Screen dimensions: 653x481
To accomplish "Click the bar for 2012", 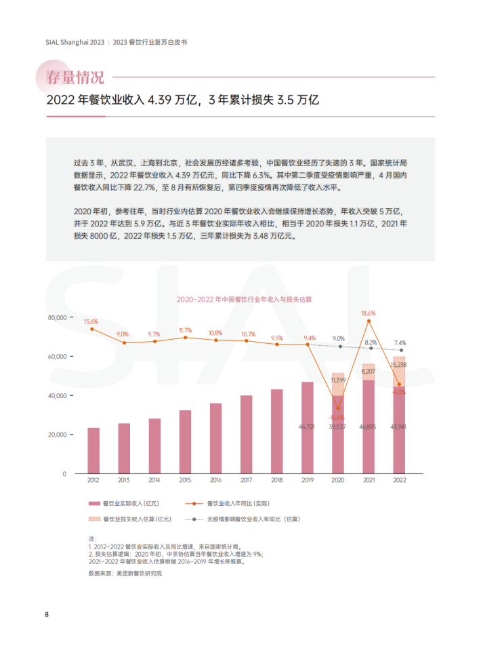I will (x=93, y=450).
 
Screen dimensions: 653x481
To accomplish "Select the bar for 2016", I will (x=216, y=438).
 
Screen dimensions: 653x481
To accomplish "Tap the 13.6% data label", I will (x=91, y=321).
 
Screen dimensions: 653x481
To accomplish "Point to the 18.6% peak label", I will (x=369, y=313).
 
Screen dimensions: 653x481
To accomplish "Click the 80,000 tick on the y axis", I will (x=57, y=317).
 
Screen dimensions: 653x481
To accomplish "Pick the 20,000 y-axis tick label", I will (x=57, y=435).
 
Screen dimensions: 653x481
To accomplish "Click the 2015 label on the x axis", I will (x=185, y=479).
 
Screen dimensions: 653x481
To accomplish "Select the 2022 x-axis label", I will (x=400, y=479).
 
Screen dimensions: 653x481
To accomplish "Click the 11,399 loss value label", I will (x=339, y=381).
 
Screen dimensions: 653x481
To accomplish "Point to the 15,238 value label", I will (x=400, y=365).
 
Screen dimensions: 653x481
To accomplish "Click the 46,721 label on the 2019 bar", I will (x=308, y=427).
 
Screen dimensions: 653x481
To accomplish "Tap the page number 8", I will (x=47, y=614).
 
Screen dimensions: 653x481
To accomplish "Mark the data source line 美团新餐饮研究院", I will (x=125, y=573).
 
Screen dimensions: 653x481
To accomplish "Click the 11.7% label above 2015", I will (x=185, y=330).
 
